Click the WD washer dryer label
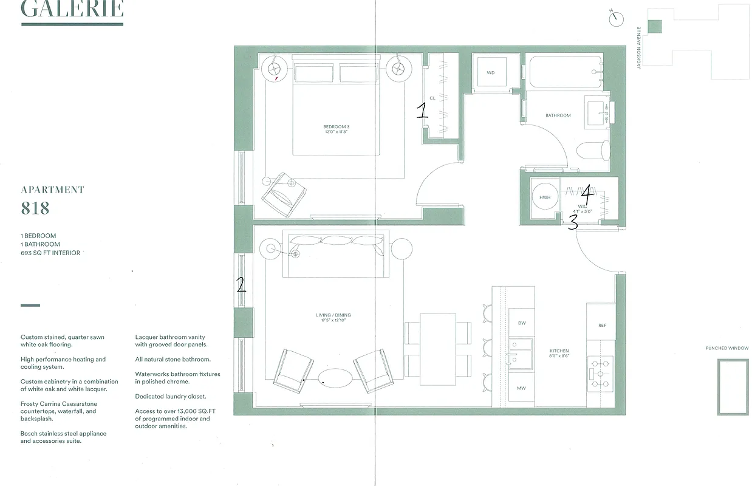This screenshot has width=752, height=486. click(x=491, y=73)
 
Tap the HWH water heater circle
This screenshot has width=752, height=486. click(x=545, y=197)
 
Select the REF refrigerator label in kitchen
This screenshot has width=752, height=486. click(x=602, y=326)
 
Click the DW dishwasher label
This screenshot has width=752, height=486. click(x=521, y=323)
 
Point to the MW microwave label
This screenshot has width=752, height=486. click(x=521, y=388)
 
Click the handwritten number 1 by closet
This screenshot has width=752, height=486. click(x=422, y=110)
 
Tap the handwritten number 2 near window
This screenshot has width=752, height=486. click(x=241, y=284)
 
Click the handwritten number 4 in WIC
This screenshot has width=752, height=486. click(x=587, y=195)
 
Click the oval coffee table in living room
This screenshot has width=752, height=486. click(x=335, y=379)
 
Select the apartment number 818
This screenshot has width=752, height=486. click(x=35, y=208)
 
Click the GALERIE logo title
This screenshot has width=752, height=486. click(x=72, y=10)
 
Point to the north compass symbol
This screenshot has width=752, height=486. click(x=617, y=18)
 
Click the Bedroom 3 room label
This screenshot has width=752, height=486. click(x=336, y=127)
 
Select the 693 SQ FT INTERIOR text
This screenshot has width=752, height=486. click(x=50, y=253)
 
